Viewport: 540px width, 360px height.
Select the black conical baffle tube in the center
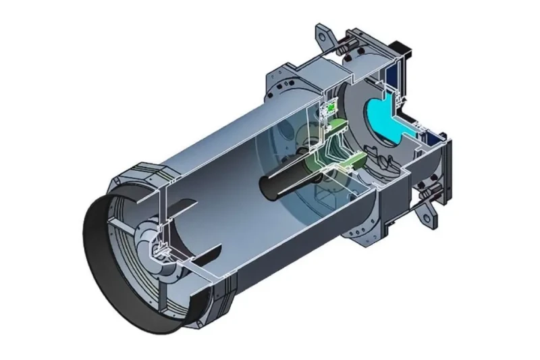click(283, 180)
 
